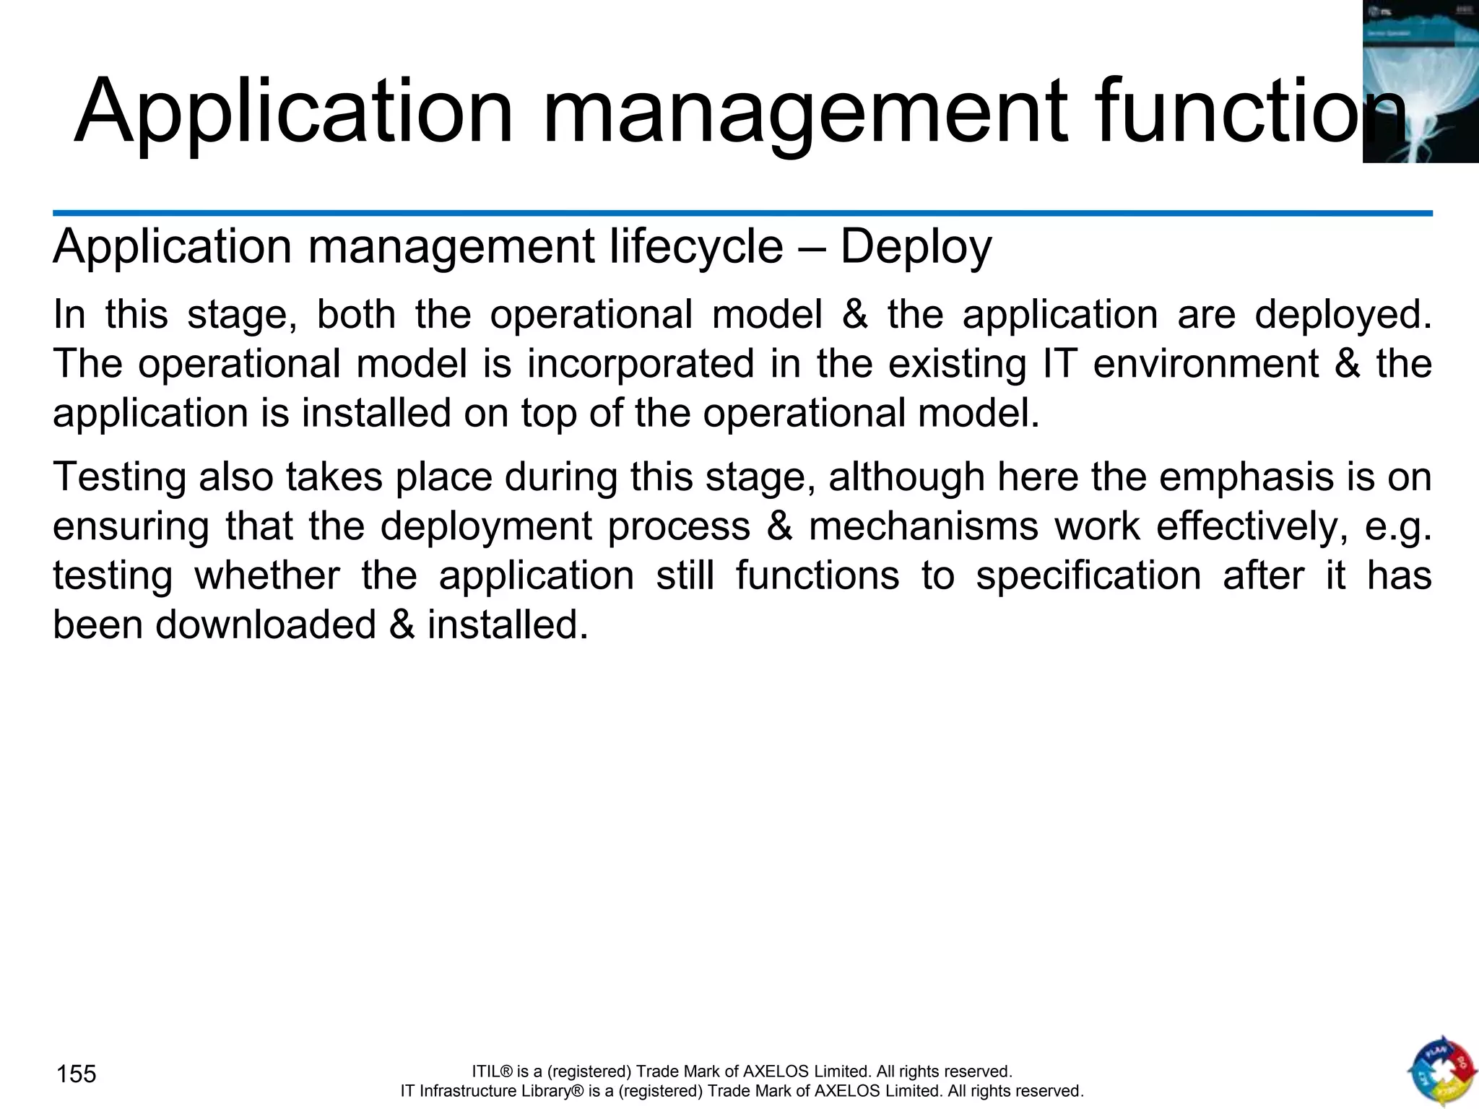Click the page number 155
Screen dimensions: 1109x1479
click(x=76, y=1074)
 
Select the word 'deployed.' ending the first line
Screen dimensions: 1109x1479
click(x=1343, y=316)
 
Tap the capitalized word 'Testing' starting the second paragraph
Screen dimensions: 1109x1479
click(x=118, y=478)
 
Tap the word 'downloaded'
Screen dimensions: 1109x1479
click(x=266, y=625)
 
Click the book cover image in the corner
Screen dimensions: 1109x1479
click(x=1421, y=82)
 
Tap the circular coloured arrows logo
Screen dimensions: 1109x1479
click(x=1441, y=1071)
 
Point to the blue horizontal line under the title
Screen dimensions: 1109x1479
click(x=742, y=214)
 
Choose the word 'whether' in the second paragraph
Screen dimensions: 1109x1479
click(x=267, y=575)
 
